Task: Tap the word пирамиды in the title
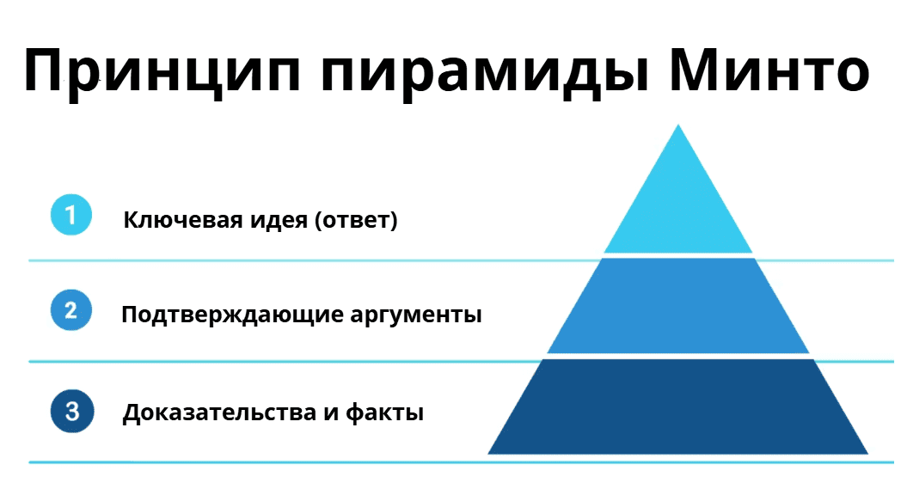[484, 71]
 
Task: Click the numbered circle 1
[71, 215]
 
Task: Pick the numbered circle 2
[71, 310]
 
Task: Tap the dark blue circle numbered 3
[71, 411]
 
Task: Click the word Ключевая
[183, 220]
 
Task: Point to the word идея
[279, 221]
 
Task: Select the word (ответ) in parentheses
[356, 220]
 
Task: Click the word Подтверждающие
[232, 315]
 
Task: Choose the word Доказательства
[219, 412]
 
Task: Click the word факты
[384, 412]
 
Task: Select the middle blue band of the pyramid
[678, 305]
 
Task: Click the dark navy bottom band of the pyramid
[678, 406]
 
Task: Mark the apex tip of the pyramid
[678, 125]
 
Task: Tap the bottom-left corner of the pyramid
[488, 454]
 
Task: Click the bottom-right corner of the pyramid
[868, 454]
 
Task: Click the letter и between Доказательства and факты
[331, 414]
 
